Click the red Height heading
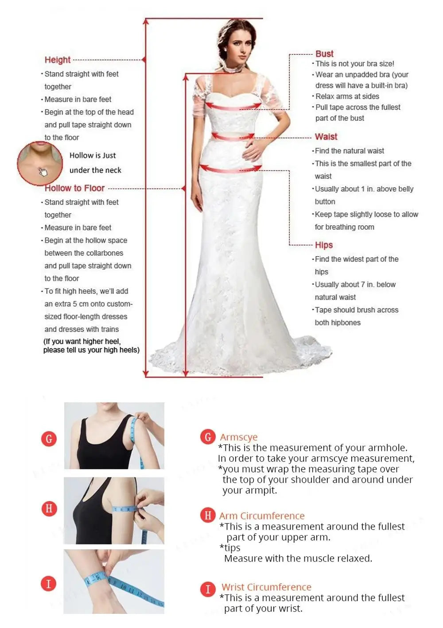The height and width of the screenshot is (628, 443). coord(58,60)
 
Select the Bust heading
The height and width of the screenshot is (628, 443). coord(324,54)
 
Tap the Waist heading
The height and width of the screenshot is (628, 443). coord(326,137)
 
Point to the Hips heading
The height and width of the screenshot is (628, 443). coord(324,245)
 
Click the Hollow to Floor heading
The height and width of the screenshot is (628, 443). coord(74,188)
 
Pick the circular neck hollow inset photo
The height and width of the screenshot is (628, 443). coord(40,163)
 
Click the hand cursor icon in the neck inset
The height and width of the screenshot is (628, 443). coord(43,172)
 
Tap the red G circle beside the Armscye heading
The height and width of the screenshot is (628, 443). coord(208,437)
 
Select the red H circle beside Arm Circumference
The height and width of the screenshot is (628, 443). coord(208,515)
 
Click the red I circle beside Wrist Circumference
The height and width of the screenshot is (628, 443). coord(208,589)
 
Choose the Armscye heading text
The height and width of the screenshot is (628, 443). coord(238,437)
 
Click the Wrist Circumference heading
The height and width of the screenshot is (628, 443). coord(266,587)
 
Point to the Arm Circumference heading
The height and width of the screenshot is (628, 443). coord(262,516)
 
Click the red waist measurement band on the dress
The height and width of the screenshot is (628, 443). coord(233,137)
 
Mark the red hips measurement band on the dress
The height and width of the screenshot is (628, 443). coord(231,169)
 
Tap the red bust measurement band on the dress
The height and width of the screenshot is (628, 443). coord(233,107)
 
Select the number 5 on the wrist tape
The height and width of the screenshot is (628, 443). coord(97,577)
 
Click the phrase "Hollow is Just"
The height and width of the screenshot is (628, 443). coord(92,155)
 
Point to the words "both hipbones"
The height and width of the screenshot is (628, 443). coord(338,323)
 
